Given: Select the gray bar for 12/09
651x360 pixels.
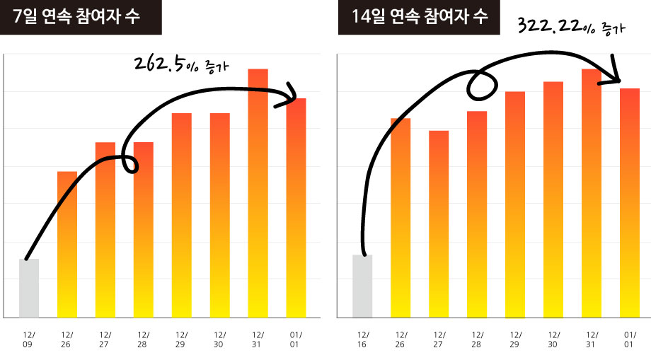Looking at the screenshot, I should click(x=29, y=288).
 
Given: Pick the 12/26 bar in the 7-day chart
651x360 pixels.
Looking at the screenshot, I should click(x=67, y=244).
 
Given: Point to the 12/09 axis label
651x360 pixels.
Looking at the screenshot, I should click(x=29, y=337).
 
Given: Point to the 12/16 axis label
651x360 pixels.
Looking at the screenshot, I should click(x=362, y=337).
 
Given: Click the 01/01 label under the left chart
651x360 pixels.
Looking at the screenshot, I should click(x=296, y=337).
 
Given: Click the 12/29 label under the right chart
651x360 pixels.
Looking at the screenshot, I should click(x=515, y=337).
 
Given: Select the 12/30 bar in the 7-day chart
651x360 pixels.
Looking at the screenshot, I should click(x=220, y=215).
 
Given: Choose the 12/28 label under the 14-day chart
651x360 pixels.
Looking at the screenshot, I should click(x=477, y=337).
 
